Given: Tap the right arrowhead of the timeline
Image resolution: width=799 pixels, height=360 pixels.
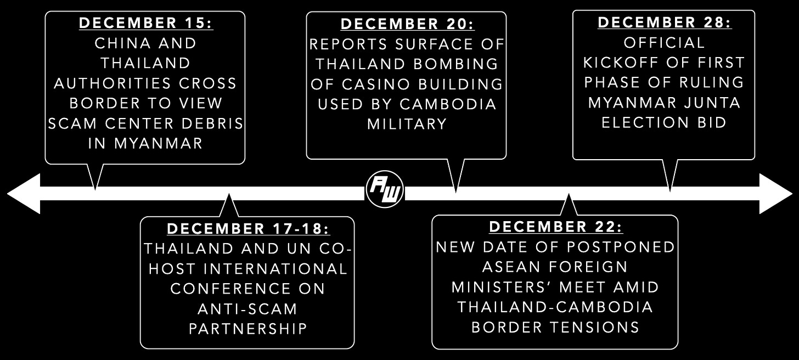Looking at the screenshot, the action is click(x=776, y=193).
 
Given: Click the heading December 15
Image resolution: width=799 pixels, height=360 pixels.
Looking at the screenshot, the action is click(x=145, y=24).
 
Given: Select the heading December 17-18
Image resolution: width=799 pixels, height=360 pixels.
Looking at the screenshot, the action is click(x=248, y=229).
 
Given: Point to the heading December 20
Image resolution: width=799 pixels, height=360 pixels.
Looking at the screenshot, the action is click(x=407, y=25).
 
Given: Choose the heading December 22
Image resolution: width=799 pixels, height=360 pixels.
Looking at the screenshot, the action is click(x=555, y=227).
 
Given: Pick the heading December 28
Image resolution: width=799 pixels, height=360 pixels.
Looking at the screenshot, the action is click(x=664, y=22).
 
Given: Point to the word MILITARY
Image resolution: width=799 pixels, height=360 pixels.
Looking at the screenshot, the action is click(x=407, y=124).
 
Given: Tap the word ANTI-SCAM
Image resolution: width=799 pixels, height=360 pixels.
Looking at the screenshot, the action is click(x=247, y=309).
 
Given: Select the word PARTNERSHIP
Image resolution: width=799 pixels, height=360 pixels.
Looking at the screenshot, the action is click(x=247, y=329).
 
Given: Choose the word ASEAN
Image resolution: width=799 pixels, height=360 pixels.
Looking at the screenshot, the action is click(x=508, y=267).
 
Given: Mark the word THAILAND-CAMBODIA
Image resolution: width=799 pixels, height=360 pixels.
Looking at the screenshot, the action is click(x=555, y=307).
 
